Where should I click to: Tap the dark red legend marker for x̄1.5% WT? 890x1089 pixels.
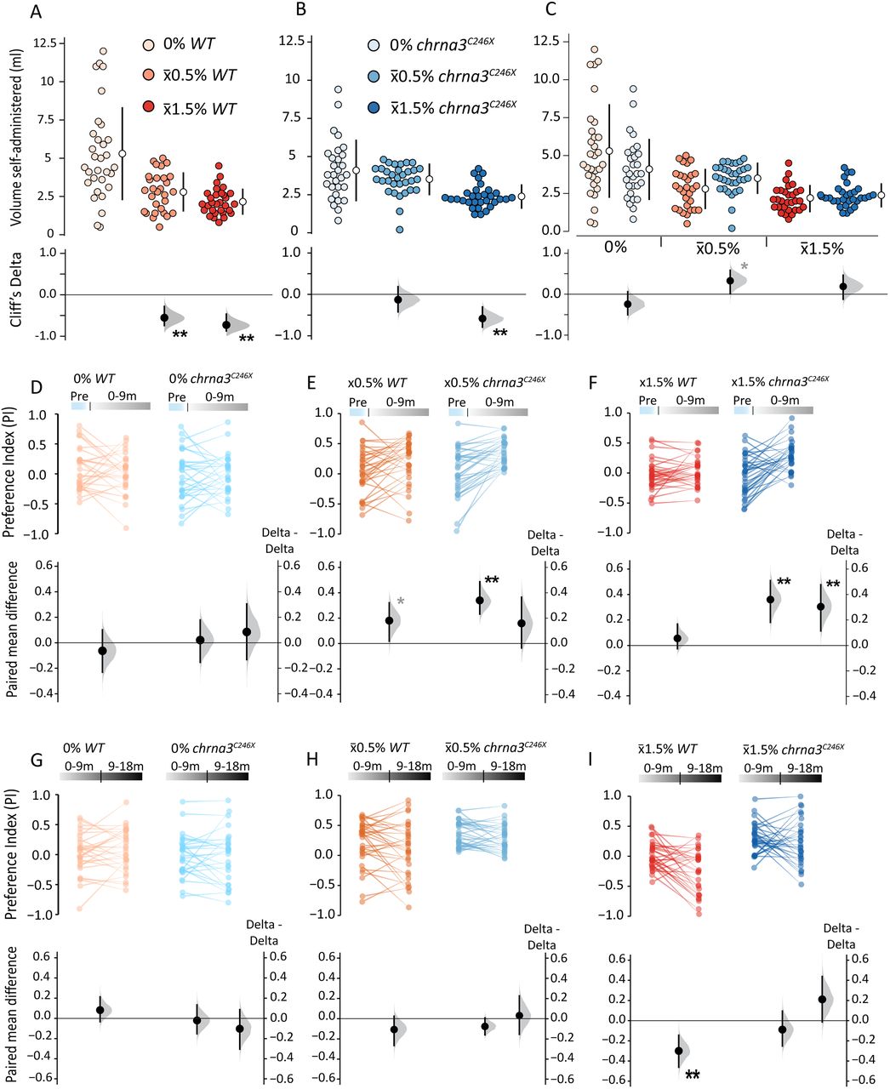pos(149,109)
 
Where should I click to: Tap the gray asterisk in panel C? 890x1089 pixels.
pos(745,267)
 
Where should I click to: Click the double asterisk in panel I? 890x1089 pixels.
pos(693,1075)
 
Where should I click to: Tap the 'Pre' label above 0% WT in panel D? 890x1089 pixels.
pos(81,397)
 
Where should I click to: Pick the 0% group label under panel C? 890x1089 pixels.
pos(615,248)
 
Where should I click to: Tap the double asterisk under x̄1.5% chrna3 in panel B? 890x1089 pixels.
pos(500,334)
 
